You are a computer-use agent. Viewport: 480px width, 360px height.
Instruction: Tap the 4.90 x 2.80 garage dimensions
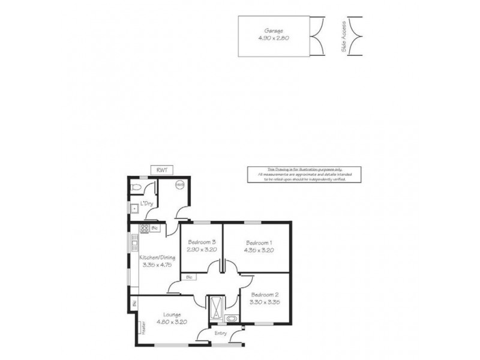tap(274, 38)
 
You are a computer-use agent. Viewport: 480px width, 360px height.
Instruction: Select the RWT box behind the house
tap(162, 170)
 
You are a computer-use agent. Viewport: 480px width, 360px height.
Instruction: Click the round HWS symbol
tap(179, 185)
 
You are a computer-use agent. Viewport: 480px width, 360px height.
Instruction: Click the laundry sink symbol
tap(133, 208)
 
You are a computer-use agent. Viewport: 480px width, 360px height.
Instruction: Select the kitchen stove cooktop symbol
tap(144, 228)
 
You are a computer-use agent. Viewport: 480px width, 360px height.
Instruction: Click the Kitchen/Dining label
tap(157, 257)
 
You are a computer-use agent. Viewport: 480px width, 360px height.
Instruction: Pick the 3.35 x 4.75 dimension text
tap(157, 265)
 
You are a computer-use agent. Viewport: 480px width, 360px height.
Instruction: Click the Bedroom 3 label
tap(201, 241)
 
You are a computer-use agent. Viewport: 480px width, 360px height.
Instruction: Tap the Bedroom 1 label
tap(259, 242)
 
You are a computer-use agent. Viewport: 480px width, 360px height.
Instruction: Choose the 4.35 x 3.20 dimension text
tap(259, 250)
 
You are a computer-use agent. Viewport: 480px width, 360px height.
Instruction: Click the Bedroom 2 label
tap(265, 295)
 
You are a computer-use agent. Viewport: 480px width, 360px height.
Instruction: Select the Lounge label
tap(172, 314)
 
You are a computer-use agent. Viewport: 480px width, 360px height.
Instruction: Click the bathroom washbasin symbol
tap(232, 318)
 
